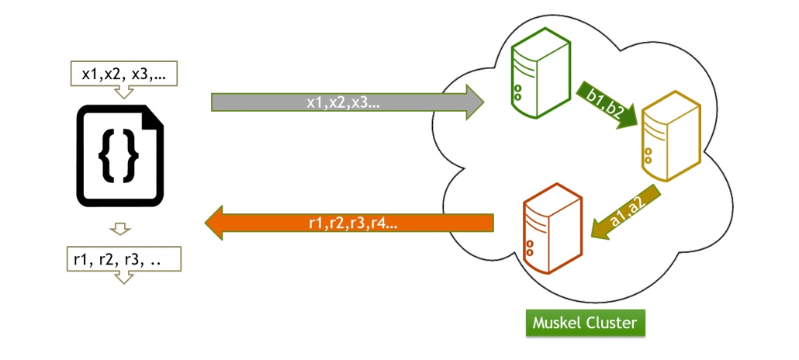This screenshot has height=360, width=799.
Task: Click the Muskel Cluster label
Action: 585,322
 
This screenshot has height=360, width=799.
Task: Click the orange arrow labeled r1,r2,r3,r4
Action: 349,223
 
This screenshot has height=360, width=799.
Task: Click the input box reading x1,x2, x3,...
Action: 124,74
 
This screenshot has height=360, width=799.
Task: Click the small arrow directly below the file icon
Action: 119,229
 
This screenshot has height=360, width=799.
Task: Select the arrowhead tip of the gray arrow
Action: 481,102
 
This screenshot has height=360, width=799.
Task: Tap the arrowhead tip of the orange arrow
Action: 206,223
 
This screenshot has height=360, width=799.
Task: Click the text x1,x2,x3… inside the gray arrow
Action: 342,102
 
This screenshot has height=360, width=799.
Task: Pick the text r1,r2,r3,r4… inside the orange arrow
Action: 352,223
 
